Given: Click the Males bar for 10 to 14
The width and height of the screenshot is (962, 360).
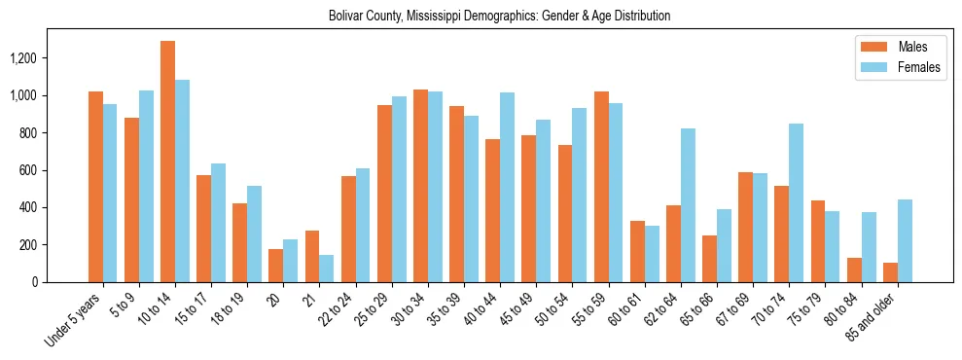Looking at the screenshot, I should [167, 162].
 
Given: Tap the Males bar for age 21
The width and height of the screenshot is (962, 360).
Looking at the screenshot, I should [312, 256].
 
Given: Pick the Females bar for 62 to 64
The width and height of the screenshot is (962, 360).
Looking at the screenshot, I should [688, 205].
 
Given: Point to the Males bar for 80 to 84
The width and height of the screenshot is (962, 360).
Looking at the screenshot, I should [854, 270].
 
